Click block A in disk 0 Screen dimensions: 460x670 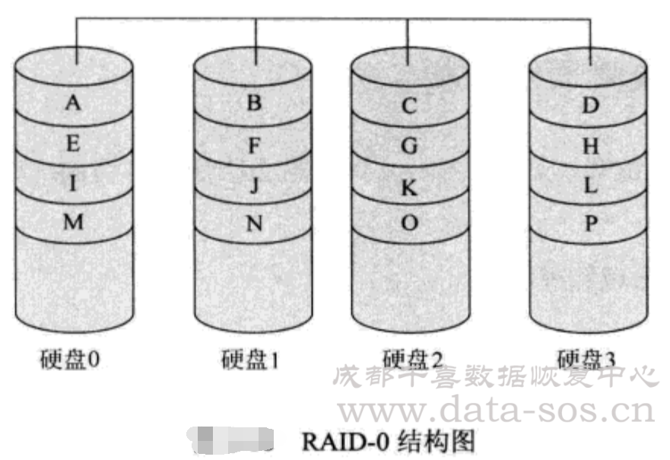point(73,103)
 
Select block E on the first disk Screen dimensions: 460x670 point(73,144)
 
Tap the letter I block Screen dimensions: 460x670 point(73,183)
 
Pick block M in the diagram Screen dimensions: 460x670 point(73,222)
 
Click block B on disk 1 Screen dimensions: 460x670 point(254,103)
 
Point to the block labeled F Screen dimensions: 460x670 point(254,144)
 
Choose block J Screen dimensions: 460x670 point(254,184)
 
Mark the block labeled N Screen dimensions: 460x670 point(254,224)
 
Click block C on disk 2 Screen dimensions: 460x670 point(409,106)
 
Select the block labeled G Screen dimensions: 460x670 point(409,146)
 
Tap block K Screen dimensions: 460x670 point(409,186)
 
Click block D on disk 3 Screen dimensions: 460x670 point(590,106)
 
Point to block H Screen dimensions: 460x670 point(590,147)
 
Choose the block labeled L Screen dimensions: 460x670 point(590,186)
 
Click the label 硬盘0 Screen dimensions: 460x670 point(70,359)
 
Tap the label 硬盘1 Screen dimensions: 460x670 point(250,359)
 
